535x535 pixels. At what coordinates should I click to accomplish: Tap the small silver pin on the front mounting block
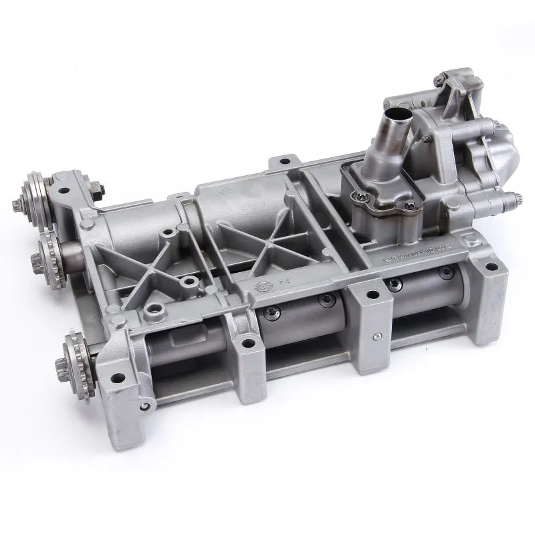(378, 336)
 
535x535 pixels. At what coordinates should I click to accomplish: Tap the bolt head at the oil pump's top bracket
(437, 81)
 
